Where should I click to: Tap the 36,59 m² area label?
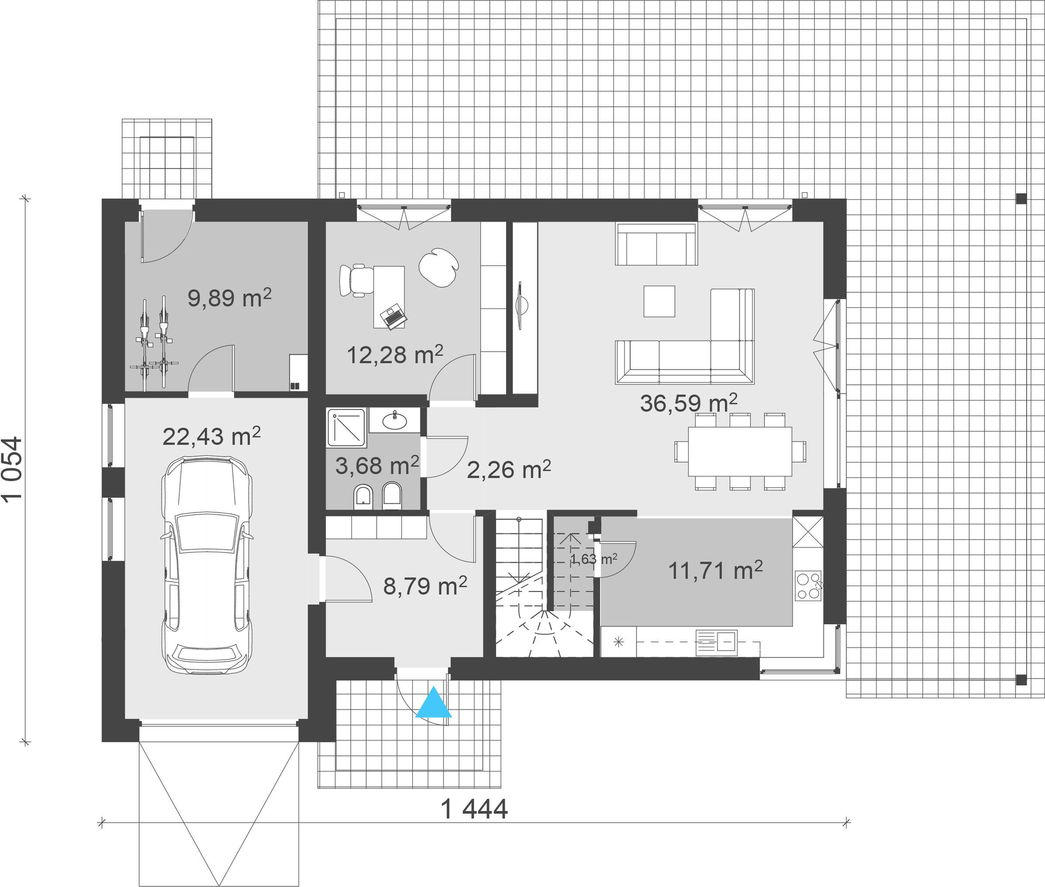point(689,403)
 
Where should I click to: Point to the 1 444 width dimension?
point(474,809)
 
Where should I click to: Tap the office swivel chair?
point(356,280)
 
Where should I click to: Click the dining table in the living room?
point(740,451)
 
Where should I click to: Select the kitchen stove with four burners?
point(808,585)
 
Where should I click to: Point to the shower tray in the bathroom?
point(346,428)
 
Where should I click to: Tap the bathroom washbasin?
point(395,420)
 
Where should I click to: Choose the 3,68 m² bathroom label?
point(377,466)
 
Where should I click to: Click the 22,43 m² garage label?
point(211,436)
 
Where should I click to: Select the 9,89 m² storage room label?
point(229,298)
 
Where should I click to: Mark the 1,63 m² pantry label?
point(594,559)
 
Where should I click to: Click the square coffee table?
point(659,301)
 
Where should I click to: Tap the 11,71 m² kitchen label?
point(715,570)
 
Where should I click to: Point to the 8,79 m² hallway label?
point(425,585)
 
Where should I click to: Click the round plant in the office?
point(439,268)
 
